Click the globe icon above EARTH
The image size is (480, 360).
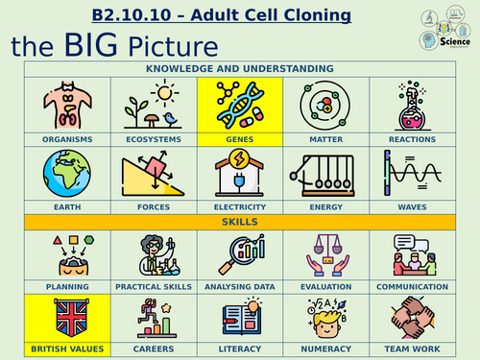67,174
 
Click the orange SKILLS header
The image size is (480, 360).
239,222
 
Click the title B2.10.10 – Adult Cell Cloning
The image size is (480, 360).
221,15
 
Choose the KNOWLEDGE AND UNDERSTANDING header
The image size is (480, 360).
239,69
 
